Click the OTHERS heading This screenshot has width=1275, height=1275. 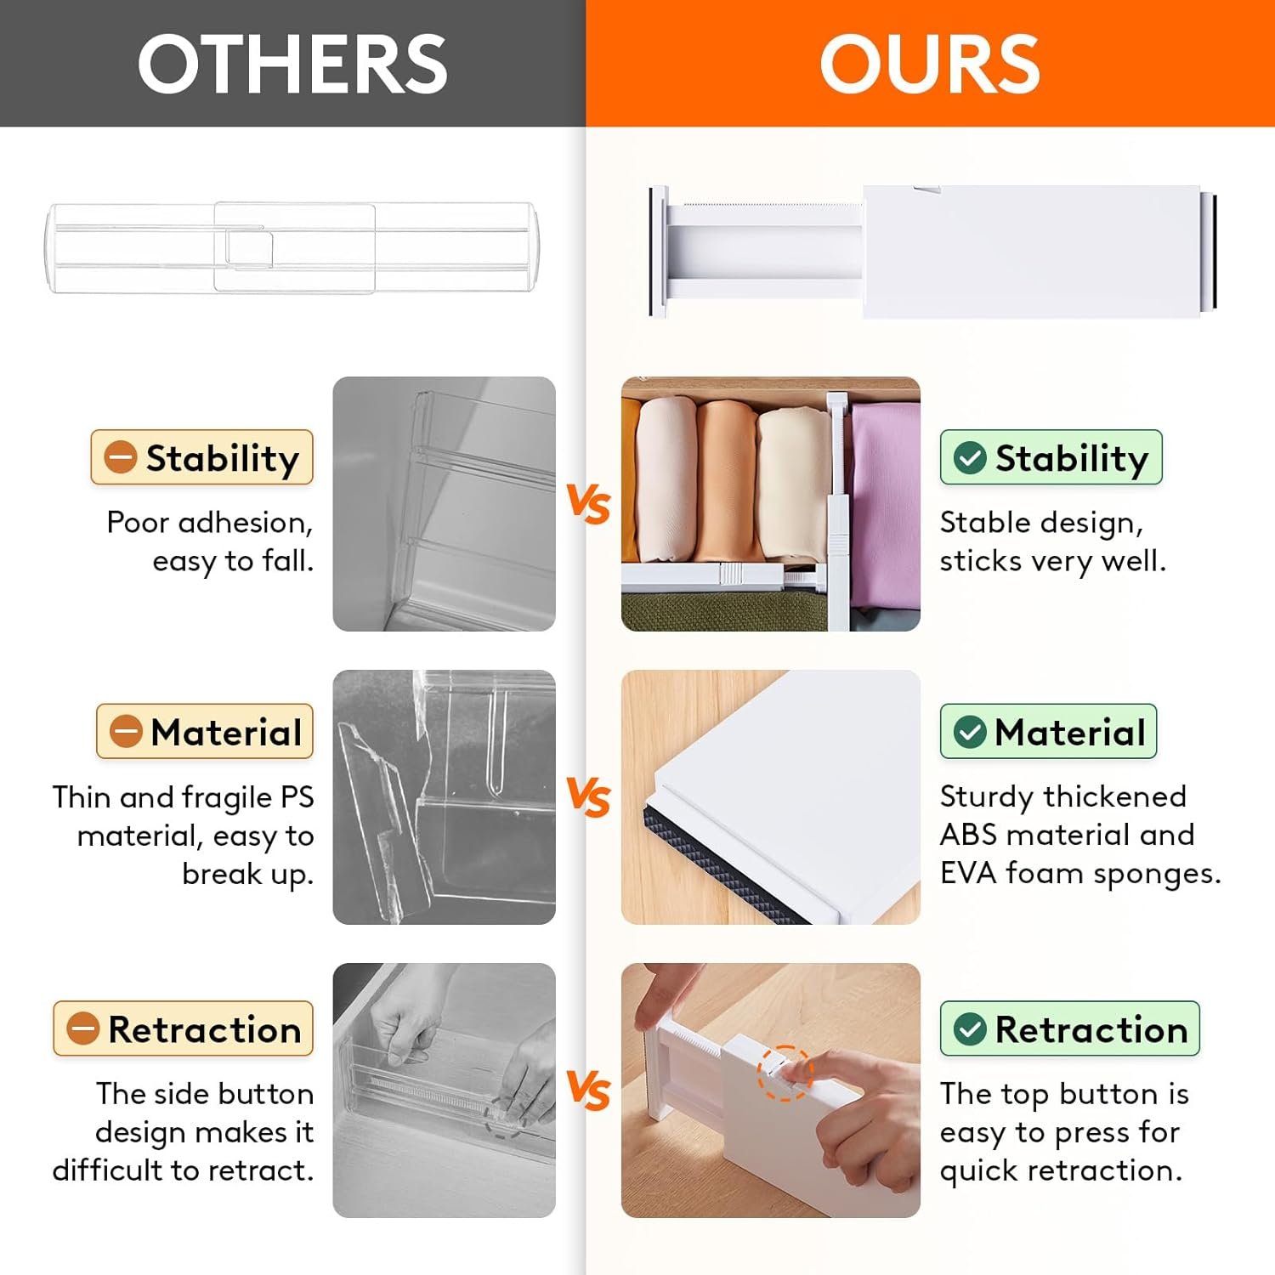point(292,64)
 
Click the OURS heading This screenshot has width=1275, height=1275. point(929,64)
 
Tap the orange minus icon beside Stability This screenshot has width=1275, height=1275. point(120,457)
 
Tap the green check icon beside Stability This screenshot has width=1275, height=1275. point(970,457)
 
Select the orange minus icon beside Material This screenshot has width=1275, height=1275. point(126,732)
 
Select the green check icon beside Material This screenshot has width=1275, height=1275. point(970,732)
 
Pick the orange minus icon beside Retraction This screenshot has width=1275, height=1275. point(83,1028)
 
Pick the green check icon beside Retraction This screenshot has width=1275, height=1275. point(970,1028)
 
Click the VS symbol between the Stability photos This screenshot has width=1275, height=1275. point(588,503)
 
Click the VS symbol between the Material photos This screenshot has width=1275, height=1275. point(588,797)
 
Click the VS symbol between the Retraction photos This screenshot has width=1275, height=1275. point(588,1090)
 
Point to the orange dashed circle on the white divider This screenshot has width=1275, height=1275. point(784,1073)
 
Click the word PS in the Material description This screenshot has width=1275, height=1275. point(297,797)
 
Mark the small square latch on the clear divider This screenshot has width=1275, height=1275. point(249,248)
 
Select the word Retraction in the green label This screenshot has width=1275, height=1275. point(1091,1029)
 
